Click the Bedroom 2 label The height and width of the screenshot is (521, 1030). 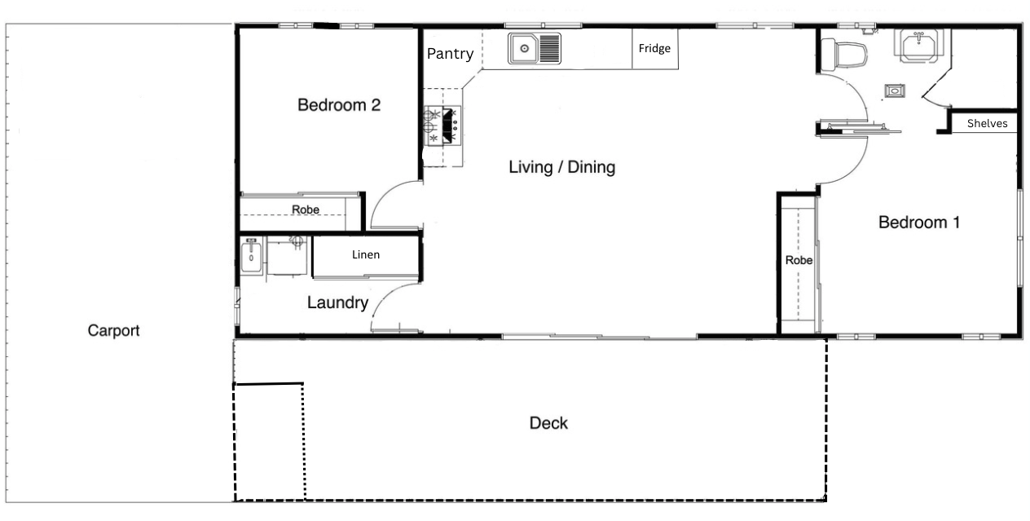coord(339,105)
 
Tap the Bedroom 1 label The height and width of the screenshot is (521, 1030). coord(918,223)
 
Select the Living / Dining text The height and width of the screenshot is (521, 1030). coord(561,167)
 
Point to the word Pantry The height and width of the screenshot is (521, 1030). coord(450,54)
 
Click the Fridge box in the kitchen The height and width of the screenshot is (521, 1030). coord(655,49)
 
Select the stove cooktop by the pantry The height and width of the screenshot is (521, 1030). coord(442,126)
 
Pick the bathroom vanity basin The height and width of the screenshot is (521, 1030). coord(918,46)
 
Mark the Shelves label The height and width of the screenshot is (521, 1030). coord(987,123)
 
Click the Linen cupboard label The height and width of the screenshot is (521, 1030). coord(366,254)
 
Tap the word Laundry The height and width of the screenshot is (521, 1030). coord(337,302)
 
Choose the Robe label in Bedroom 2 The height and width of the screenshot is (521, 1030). coord(306,210)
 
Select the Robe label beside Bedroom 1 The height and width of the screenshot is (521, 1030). coord(799,260)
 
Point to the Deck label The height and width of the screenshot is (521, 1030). coord(548,423)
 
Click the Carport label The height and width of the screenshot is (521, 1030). coord(113,330)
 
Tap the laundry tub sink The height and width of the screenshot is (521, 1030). coord(251,257)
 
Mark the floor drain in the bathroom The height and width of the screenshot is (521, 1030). coord(895,91)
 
